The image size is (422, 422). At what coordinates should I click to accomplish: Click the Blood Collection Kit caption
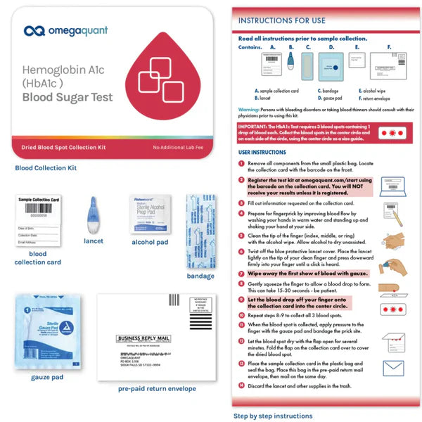click(46, 167)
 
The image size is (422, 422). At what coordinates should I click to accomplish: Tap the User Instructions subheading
click(262, 151)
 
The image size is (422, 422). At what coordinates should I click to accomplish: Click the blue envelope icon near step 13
click(393, 368)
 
